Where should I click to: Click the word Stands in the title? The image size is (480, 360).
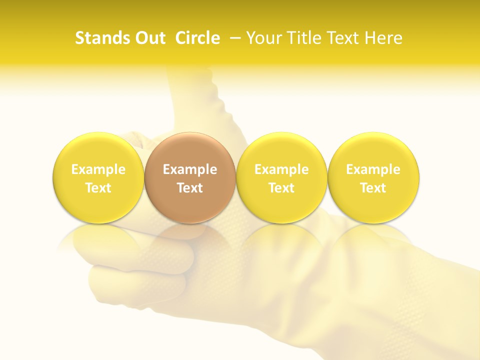pyautogui.click(x=98, y=38)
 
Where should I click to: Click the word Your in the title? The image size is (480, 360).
pyautogui.click(x=262, y=38)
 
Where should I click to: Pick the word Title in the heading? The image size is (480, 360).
pyautogui.click(x=302, y=38)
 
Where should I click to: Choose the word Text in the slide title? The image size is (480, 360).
pyautogui.click(x=343, y=38)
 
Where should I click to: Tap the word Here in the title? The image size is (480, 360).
pyautogui.click(x=383, y=38)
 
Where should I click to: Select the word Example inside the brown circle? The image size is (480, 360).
pyautogui.click(x=190, y=169)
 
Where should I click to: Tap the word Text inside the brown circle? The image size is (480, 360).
pyautogui.click(x=190, y=188)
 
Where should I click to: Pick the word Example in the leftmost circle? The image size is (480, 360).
pyautogui.click(x=98, y=169)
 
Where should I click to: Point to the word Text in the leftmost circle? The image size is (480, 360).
pyautogui.click(x=98, y=188)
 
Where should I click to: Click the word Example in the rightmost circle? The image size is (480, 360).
pyautogui.click(x=373, y=169)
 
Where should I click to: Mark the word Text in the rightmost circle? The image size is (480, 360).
pyautogui.click(x=373, y=188)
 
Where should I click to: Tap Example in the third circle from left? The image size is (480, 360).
pyautogui.click(x=281, y=169)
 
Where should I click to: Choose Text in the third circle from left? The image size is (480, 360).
pyautogui.click(x=281, y=188)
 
